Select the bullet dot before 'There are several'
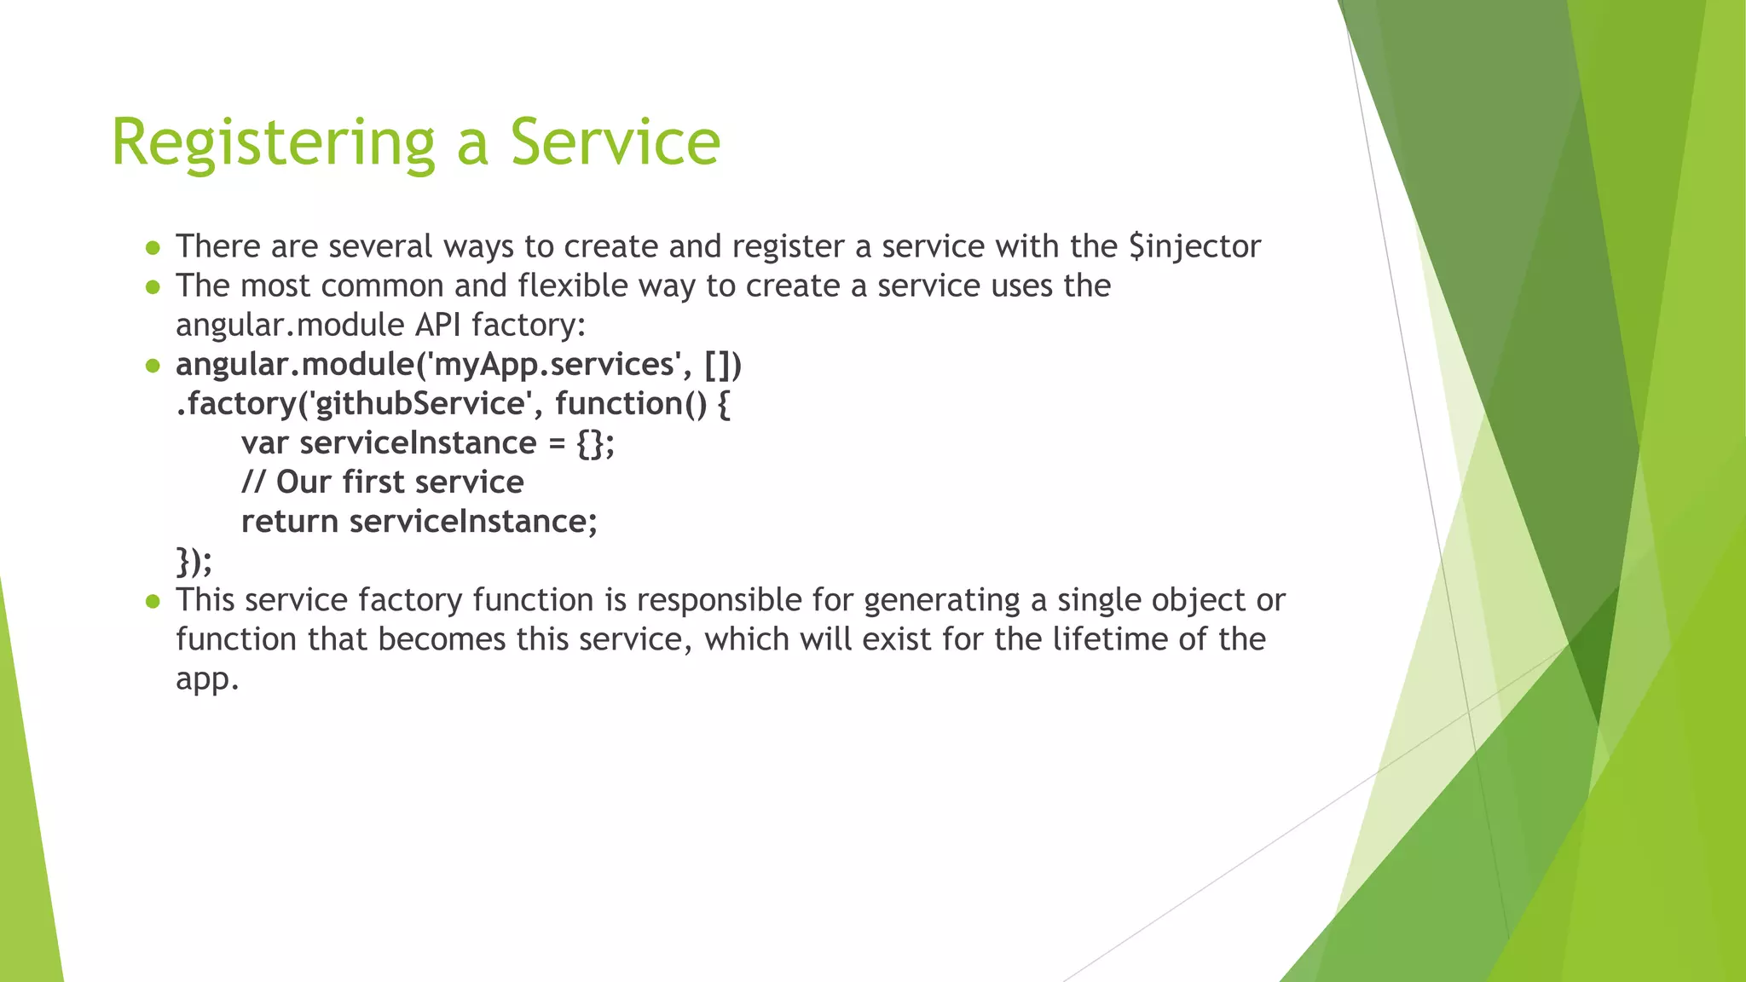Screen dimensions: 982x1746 (x=153, y=248)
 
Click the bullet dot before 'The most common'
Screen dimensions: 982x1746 (x=153, y=287)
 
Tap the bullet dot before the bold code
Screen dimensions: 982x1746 (x=153, y=367)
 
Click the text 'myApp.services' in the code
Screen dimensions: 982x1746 (x=554, y=365)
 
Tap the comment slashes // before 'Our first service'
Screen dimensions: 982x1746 (x=253, y=482)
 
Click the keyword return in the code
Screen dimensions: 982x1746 (x=289, y=522)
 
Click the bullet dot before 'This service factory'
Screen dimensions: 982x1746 (x=153, y=602)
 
